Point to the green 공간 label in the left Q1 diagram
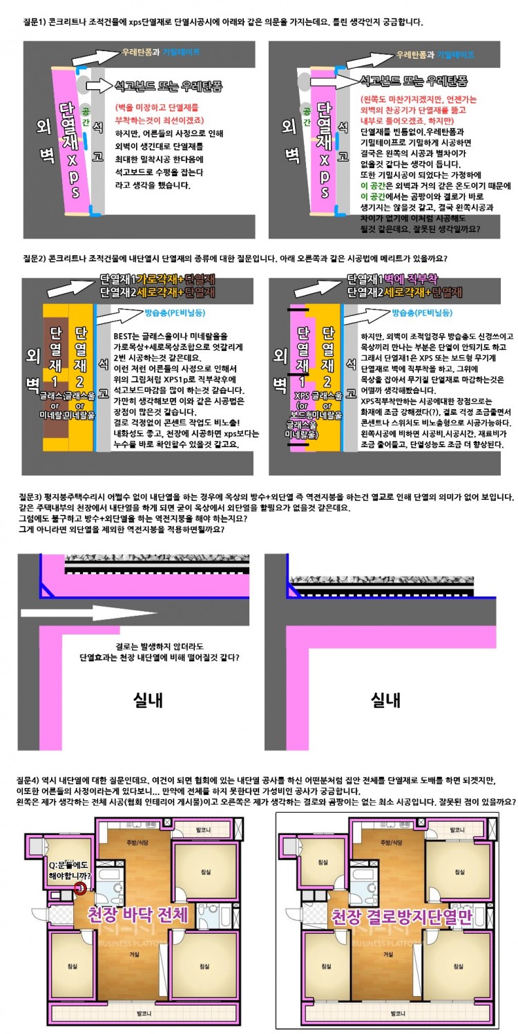(85, 113)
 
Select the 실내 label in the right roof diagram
(386, 699)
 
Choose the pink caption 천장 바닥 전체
(137, 916)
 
